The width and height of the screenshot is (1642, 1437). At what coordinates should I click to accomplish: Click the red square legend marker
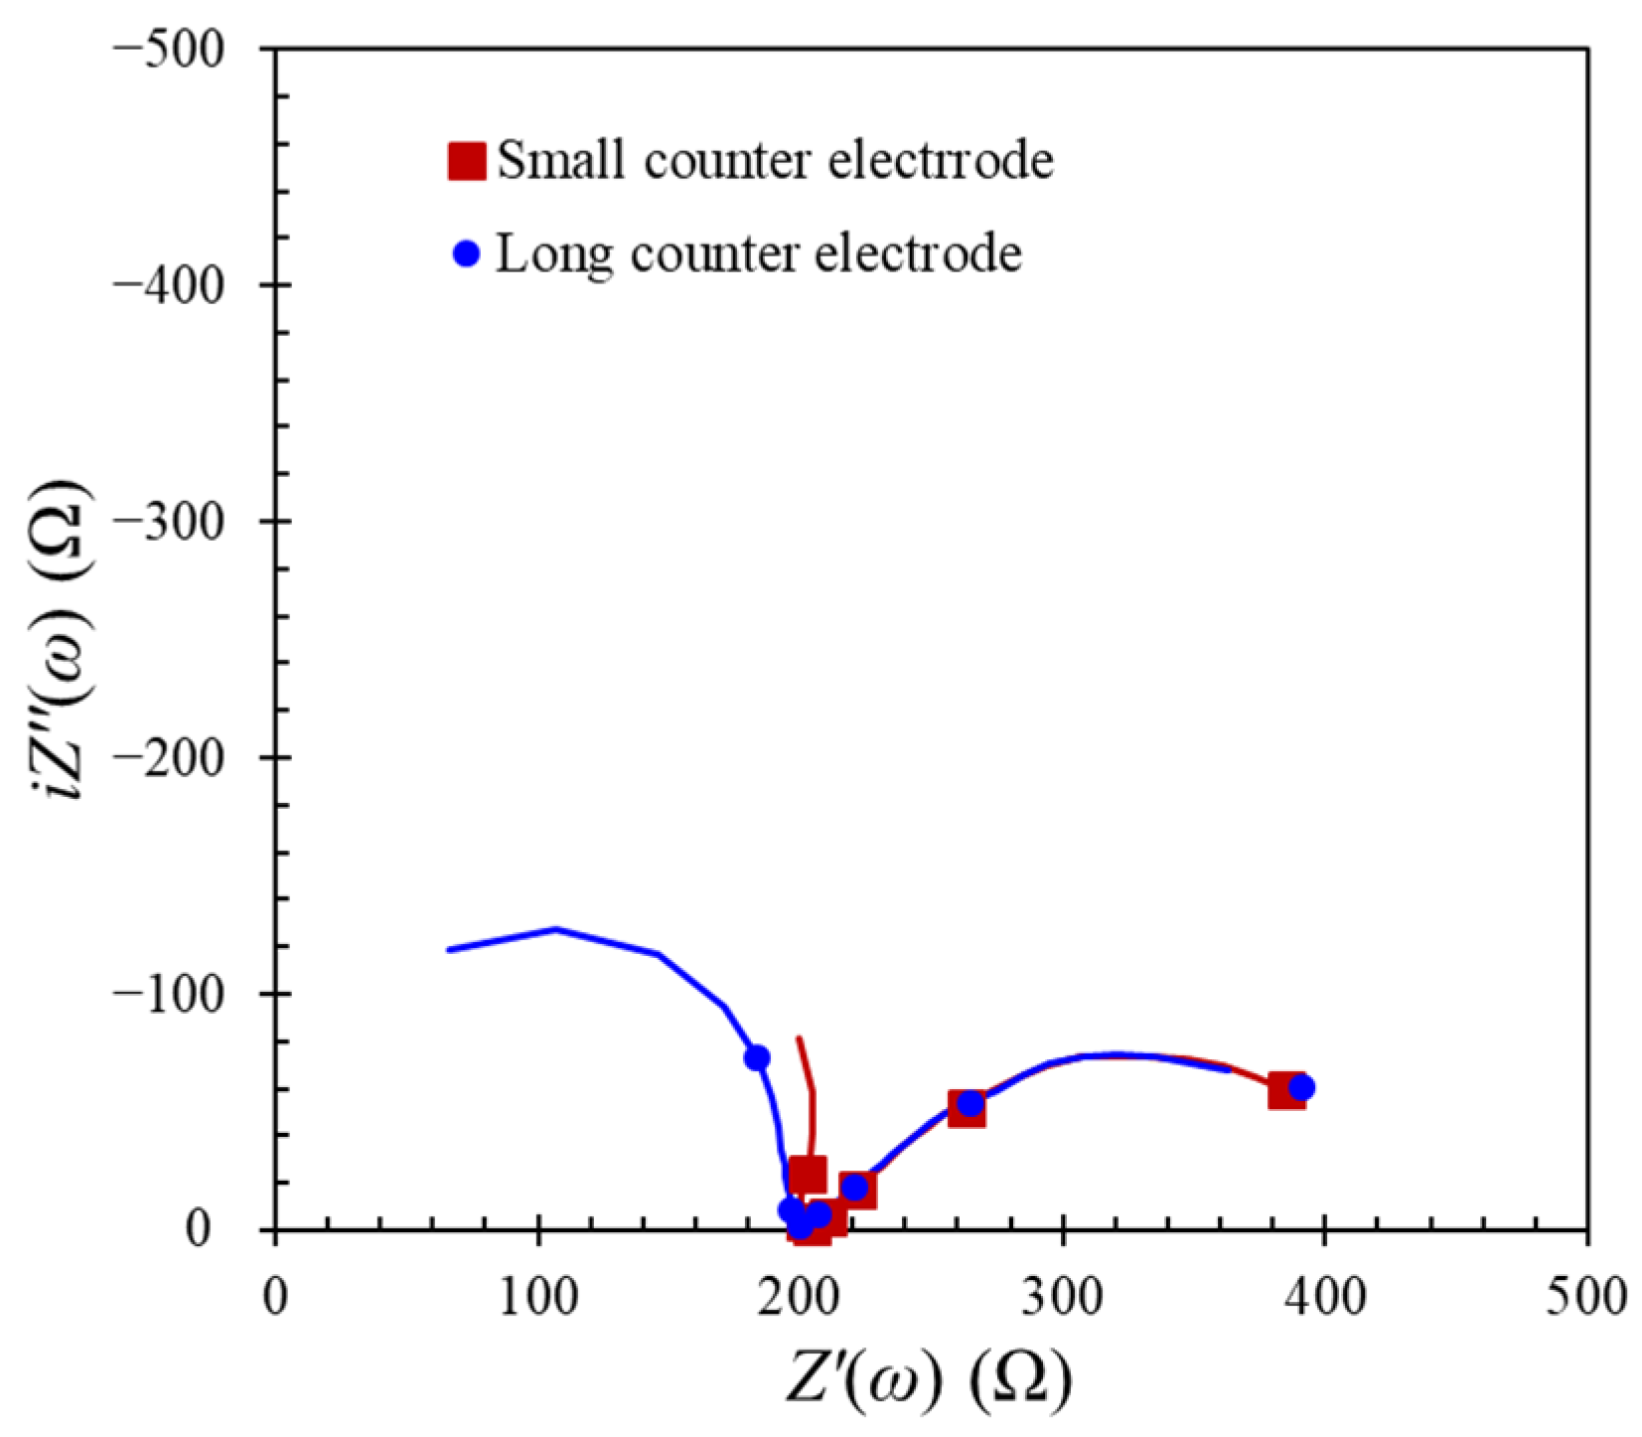click(x=466, y=160)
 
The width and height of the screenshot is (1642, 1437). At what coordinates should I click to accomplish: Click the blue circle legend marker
click(x=466, y=254)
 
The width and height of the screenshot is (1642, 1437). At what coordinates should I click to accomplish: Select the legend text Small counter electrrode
click(x=775, y=160)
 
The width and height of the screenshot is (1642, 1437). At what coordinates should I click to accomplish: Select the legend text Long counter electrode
click(x=759, y=254)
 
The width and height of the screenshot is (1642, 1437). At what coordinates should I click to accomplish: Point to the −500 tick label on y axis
click(x=186, y=48)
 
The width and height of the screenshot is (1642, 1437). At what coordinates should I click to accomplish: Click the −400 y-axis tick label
click(x=186, y=284)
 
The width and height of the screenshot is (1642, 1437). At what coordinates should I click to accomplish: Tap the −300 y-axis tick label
click(x=186, y=521)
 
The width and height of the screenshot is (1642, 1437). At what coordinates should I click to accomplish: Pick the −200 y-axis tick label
click(x=186, y=757)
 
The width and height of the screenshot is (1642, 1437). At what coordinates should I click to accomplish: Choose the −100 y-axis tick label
click(x=186, y=993)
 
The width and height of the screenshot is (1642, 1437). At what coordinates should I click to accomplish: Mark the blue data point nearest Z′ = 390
click(x=1301, y=1087)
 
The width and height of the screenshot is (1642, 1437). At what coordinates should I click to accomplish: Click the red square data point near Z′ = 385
click(x=1286, y=1091)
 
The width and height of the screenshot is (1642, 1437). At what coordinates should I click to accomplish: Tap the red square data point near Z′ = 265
click(x=967, y=1108)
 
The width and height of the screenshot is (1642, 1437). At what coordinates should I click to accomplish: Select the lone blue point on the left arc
click(x=757, y=1057)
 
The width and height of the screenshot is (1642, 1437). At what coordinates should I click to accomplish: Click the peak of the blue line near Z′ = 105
click(x=554, y=929)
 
